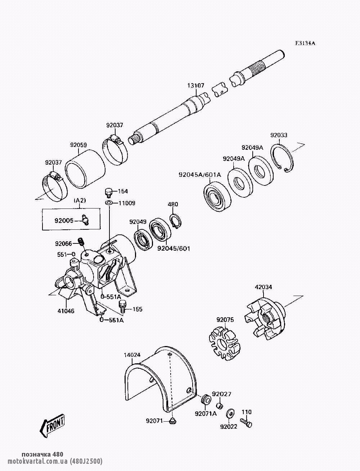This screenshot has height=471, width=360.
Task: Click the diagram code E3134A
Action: point(305,43)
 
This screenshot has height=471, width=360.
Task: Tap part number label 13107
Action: point(195,86)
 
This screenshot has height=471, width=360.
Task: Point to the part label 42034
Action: point(263,287)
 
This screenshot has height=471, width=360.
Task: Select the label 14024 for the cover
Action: point(132,355)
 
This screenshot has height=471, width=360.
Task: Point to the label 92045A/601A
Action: point(200,175)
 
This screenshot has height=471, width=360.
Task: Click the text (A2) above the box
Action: point(80,200)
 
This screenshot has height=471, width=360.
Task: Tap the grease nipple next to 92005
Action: point(85,219)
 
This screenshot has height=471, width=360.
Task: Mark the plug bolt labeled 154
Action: point(108,191)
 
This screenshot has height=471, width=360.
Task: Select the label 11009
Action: point(126,203)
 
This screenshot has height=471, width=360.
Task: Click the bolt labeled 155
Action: point(122,306)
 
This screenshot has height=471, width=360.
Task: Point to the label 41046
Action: point(65,311)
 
